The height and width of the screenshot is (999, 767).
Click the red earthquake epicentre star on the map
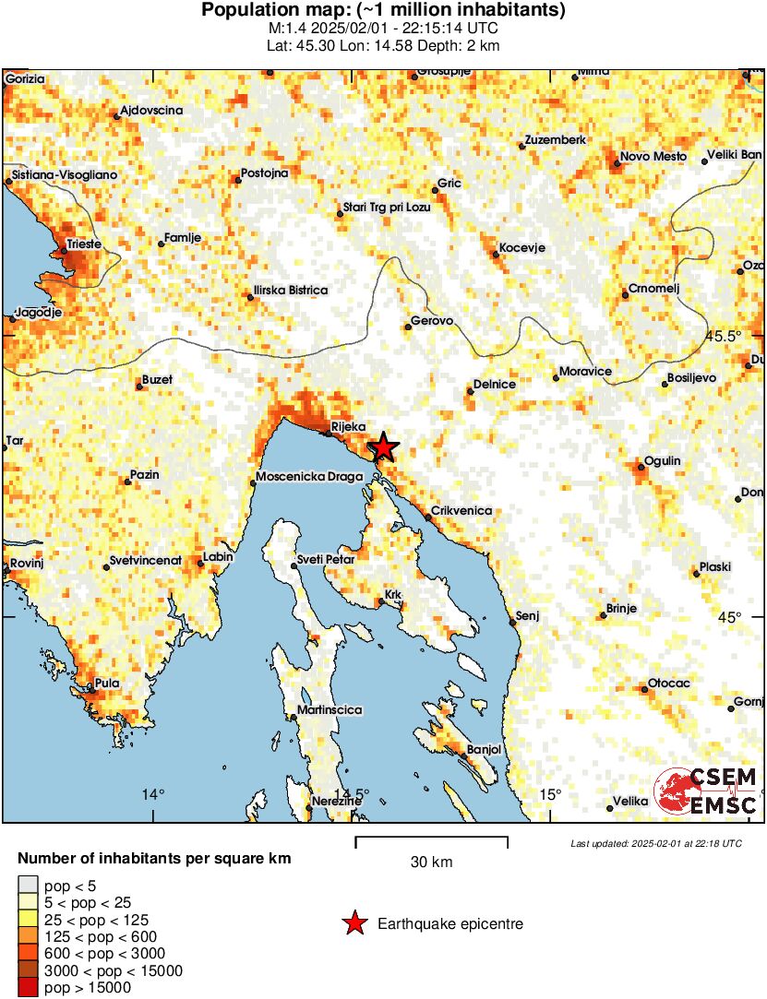(x=383, y=447)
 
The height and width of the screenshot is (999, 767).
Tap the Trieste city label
(x=81, y=244)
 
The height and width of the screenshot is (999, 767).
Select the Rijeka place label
(x=348, y=427)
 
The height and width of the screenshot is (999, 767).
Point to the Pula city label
(x=108, y=684)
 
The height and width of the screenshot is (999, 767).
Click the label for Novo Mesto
(x=653, y=157)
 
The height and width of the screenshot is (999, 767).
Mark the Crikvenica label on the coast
(x=461, y=511)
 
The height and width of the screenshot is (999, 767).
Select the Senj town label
(x=526, y=615)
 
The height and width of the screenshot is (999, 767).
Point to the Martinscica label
(x=329, y=711)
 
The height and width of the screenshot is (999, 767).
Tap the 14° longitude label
(x=153, y=794)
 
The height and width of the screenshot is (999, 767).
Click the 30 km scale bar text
(x=431, y=862)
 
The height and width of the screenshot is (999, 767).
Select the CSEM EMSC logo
(x=706, y=792)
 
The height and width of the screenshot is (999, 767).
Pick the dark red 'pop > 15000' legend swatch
(x=28, y=988)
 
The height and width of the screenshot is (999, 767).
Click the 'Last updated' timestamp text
(x=655, y=843)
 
